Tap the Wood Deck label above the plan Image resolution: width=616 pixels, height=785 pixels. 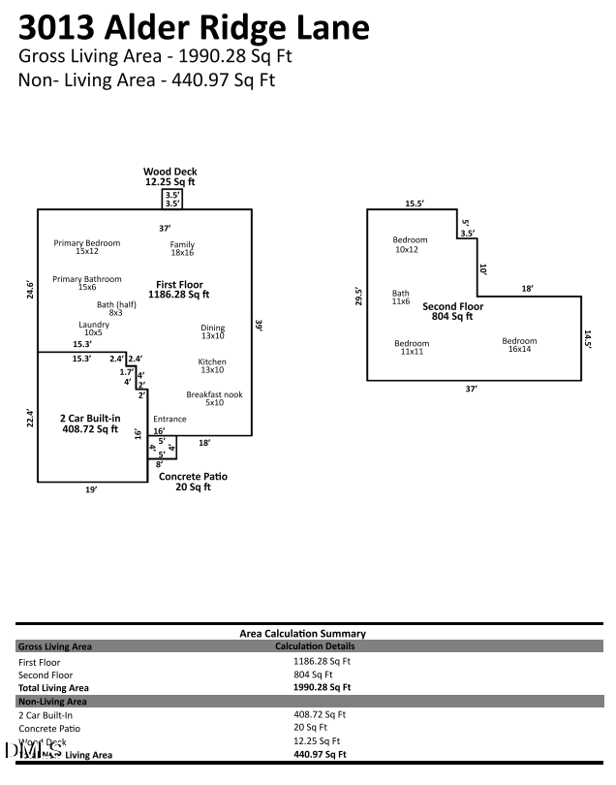coord(170,176)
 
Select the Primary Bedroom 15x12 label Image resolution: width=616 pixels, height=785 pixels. coord(87,247)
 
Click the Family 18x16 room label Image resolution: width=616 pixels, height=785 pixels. coord(182,248)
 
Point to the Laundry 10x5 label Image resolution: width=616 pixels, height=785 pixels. coord(94,329)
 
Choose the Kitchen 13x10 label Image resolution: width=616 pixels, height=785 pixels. coord(212,365)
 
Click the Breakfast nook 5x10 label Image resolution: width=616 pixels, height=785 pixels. coord(214,398)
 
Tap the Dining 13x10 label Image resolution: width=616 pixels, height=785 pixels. coord(212,331)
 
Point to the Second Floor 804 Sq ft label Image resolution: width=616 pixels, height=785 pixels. coord(452,311)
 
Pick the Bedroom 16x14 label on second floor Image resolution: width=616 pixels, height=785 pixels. coord(519,345)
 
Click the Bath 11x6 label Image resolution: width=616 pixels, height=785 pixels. coord(400,298)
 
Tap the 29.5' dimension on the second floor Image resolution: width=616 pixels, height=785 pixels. coord(358,296)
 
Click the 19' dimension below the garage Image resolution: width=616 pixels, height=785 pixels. coord(91,490)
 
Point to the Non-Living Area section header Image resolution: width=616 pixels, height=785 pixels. coord(53,701)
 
